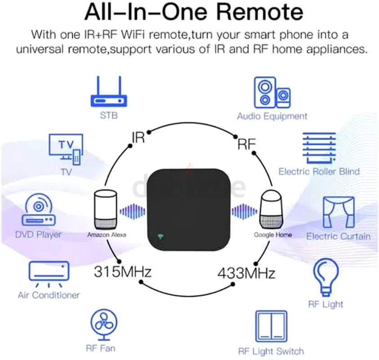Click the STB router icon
pyautogui.click(x=109, y=91)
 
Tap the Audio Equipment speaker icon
pyautogui.click(x=272, y=92)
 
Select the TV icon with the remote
pyautogui.click(x=66, y=149)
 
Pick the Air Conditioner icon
pyautogui.click(x=49, y=274)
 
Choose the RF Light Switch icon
pyautogui.click(x=271, y=326)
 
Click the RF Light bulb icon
pyautogui.click(x=326, y=277)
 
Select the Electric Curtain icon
pyautogui.click(x=339, y=212)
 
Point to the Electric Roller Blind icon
pyautogui.click(x=319, y=148)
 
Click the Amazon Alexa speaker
pyautogui.click(x=106, y=210)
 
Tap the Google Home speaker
pyautogui.click(x=271, y=210)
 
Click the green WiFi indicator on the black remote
pyautogui.click(x=161, y=236)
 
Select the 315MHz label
pyautogui.click(x=123, y=271)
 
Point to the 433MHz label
pyautogui.click(x=246, y=274)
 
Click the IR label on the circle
pyautogui.click(x=138, y=138)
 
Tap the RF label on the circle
pyautogui.click(x=246, y=144)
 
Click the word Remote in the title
pyautogui.click(x=260, y=12)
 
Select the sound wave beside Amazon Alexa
pyautogui.click(x=133, y=212)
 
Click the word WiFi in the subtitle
pyautogui.click(x=133, y=34)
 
